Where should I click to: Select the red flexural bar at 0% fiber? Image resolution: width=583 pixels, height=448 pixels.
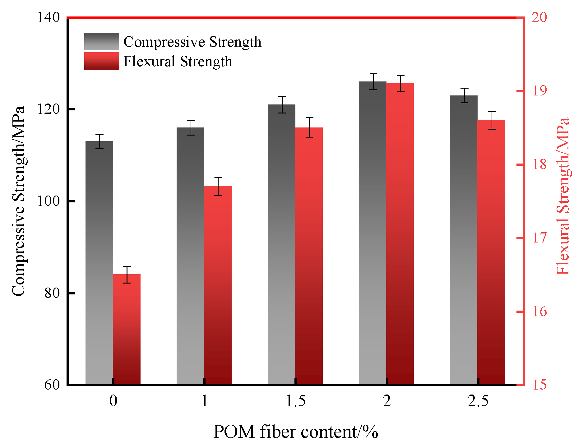click(127, 330)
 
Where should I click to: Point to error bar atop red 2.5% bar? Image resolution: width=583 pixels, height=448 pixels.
click(492, 120)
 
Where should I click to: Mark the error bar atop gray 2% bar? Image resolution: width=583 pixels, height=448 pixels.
click(373, 82)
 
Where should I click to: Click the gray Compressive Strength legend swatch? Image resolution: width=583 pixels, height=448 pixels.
click(101, 41)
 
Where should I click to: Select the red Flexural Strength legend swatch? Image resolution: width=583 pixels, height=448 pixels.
click(101, 61)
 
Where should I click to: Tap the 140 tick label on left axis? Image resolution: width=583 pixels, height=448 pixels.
click(48, 17)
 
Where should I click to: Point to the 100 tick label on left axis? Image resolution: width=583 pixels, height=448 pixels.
click(48, 201)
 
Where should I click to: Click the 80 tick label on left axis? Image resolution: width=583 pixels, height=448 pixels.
click(52, 293)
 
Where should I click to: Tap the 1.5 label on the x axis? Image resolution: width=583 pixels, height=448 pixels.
click(295, 401)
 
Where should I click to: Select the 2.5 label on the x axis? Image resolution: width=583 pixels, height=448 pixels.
click(478, 401)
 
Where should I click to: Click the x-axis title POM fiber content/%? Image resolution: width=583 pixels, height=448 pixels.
click(295, 432)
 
